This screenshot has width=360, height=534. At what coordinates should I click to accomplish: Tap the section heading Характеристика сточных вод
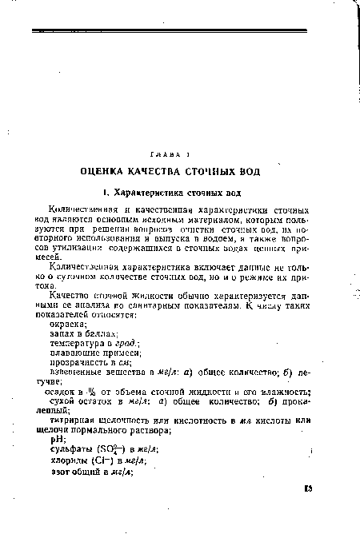click(x=174, y=192)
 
